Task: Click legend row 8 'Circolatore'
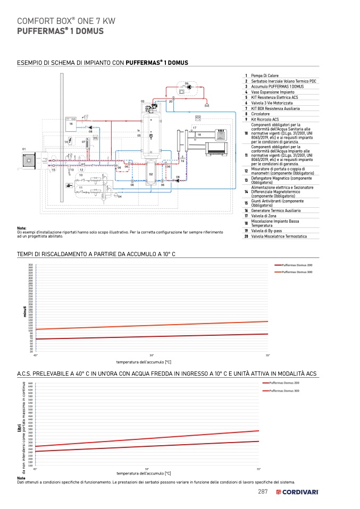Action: pos(260,114)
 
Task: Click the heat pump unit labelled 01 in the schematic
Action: pos(28,159)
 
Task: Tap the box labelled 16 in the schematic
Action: pos(71,124)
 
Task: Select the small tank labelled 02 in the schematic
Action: pos(151,174)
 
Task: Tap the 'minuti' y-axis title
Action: pos(24,311)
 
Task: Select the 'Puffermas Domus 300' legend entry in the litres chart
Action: pos(284,391)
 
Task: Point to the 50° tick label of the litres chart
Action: pos(147,469)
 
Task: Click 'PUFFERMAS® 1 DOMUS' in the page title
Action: pos(61,31)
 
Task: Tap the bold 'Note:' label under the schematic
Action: pos(22,228)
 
